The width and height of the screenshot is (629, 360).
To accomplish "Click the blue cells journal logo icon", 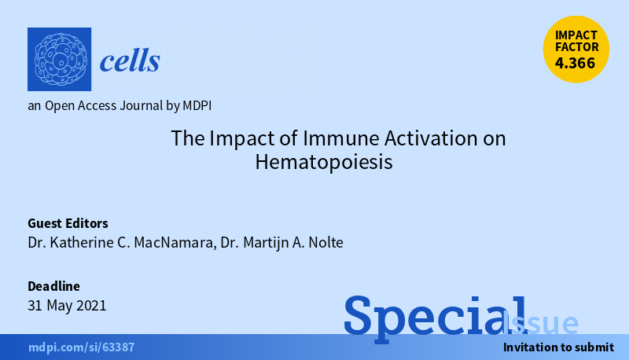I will [x=59, y=59].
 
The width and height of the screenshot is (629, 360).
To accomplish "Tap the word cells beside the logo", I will [x=130, y=60].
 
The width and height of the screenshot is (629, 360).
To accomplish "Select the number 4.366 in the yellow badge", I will [x=576, y=64].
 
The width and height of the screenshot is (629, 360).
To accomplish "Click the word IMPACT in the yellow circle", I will [x=576, y=35].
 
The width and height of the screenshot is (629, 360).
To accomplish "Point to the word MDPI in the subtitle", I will [x=196, y=105].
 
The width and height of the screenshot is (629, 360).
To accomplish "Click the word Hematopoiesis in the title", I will [x=323, y=163].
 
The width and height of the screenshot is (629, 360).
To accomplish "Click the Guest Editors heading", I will [x=68, y=222].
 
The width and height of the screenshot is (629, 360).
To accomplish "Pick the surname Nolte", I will [x=323, y=242].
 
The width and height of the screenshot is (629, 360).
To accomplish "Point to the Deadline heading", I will [x=53, y=286].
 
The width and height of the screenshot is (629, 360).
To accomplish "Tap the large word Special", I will [x=435, y=315].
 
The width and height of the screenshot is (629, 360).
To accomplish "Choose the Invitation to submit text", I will [x=558, y=347].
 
